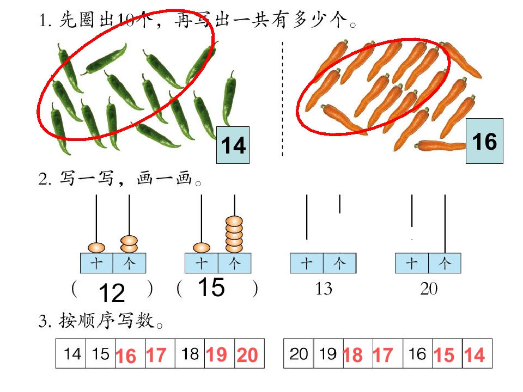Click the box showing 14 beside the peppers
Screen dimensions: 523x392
tap(233, 145)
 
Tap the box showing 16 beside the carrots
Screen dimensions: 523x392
tap(484, 141)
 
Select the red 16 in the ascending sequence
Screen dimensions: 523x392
tap(126, 356)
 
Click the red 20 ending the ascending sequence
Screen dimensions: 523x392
tap(247, 355)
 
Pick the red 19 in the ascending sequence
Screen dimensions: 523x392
tap(216, 354)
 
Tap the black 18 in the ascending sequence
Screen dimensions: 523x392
tap(190, 354)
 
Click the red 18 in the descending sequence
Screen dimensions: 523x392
tap(352, 355)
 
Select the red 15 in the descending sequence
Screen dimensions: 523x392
tap(444, 355)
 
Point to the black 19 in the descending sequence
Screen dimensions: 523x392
tap(327, 354)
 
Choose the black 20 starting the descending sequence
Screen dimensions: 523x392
tap(299, 354)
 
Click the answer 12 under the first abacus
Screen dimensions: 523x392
tap(112, 293)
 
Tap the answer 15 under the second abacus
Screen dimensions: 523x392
tap(211, 287)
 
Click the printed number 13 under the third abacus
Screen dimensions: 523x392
tap(324, 289)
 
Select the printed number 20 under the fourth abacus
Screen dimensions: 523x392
tap(429, 289)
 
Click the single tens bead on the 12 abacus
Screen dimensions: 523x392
tap(96, 248)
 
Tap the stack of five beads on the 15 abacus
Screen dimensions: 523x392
tap(234, 234)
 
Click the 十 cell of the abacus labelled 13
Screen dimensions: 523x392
tap(307, 264)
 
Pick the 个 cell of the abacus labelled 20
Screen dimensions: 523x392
tap(445, 264)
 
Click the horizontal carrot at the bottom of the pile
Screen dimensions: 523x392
tap(440, 146)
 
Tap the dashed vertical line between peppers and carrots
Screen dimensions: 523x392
tap(283, 99)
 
